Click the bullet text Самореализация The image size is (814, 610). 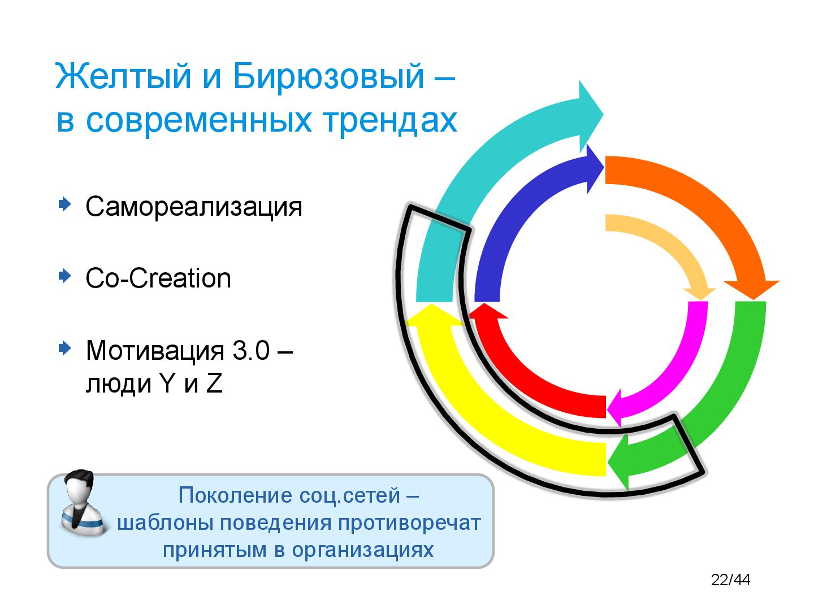pos(194,207)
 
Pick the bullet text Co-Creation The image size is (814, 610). pos(158,278)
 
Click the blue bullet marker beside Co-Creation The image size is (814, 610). pos(64,276)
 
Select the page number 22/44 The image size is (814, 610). pos(730,580)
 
